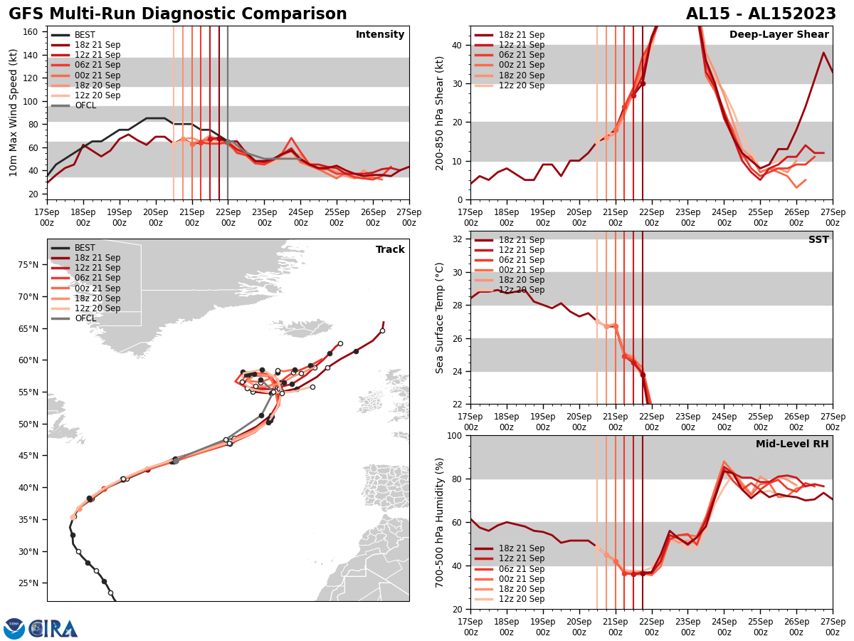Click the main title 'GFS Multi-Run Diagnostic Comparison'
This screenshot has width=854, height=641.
(178, 14)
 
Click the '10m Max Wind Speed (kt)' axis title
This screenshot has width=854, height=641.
(13, 113)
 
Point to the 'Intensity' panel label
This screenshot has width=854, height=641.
(380, 35)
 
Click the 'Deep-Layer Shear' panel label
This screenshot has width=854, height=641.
(779, 35)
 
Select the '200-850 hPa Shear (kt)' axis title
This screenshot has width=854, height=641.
(441, 113)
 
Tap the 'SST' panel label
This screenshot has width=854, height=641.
(818, 240)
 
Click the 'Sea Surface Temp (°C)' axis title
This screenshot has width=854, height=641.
(441, 318)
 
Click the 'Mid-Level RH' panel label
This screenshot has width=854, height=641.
(792, 444)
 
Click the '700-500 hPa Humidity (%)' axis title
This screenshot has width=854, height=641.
(441, 522)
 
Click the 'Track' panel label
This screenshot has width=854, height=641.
(390, 250)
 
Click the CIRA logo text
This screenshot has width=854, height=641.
(53, 628)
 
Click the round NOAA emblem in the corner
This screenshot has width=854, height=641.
(14, 628)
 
